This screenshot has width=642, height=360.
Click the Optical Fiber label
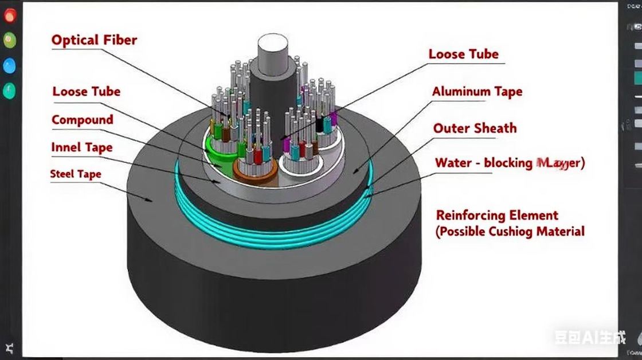[94, 40]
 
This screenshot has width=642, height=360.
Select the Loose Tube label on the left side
[86, 92]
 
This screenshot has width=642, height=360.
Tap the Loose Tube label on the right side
[463, 54]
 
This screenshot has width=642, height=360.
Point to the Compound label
[82, 120]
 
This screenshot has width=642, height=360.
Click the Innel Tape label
[81, 147]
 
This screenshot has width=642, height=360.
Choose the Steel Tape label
[75, 174]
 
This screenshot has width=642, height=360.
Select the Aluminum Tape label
[477, 92]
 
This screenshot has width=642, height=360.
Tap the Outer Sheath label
[475, 128]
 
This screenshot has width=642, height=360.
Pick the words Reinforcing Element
[496, 216]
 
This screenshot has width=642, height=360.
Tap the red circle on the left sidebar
[10, 15]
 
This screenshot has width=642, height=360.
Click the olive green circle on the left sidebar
[10, 40]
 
